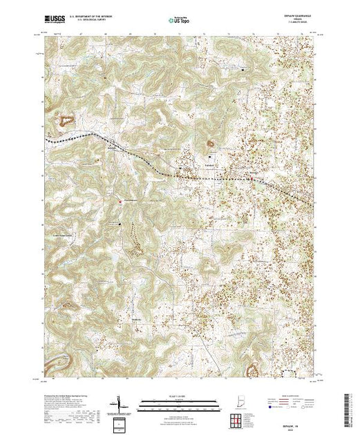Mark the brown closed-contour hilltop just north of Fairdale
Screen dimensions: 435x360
[211, 144]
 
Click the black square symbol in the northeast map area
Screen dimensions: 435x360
[243, 70]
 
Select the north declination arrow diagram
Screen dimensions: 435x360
[119, 404]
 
